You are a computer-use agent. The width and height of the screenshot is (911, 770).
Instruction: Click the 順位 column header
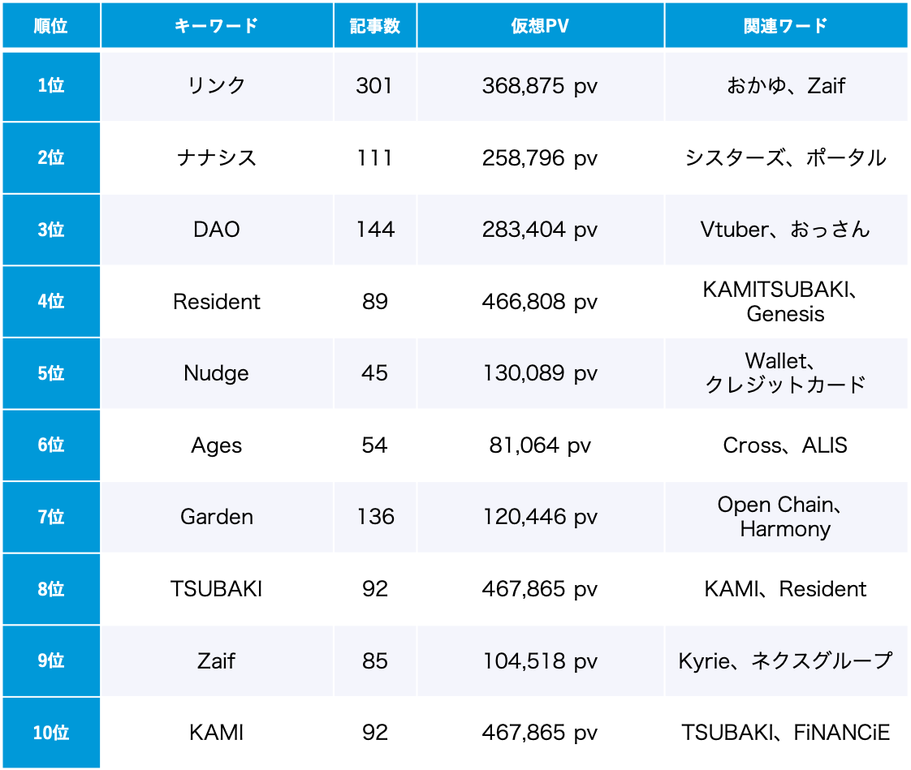pos(50,26)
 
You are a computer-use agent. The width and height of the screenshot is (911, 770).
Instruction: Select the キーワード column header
pos(216,26)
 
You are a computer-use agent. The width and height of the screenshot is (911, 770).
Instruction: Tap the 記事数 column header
pos(375,26)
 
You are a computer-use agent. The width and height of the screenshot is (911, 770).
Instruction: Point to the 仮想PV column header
pos(540,26)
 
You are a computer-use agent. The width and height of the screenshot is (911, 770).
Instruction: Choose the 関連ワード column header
pos(785,26)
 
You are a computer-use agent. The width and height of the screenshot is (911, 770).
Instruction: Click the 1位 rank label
pos(50,86)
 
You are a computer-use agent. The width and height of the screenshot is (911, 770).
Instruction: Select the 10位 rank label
pos(50,733)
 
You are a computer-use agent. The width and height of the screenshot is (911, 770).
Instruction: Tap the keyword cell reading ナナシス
pos(216,157)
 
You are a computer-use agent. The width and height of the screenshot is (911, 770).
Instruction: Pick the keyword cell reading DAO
pos(216,230)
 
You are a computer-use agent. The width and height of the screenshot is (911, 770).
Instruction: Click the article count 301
pos(374,86)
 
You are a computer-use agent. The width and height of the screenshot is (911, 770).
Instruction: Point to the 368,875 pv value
pos(540,86)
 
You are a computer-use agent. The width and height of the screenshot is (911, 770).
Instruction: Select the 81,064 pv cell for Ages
pos(540,445)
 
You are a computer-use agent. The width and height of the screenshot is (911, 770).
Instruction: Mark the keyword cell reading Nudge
pos(216,373)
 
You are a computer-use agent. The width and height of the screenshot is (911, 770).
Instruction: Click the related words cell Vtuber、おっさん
pos(785,230)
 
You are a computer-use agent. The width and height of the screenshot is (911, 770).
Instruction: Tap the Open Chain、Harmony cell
pos(785,517)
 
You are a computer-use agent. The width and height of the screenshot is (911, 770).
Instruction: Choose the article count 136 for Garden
pos(375,517)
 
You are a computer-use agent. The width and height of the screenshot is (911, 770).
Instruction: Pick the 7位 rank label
pos(50,517)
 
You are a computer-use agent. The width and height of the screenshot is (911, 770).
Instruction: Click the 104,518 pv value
pos(540,661)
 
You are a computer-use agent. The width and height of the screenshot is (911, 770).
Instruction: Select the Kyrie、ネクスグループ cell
pos(785,661)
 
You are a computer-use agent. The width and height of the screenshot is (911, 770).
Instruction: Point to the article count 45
pos(375,373)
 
